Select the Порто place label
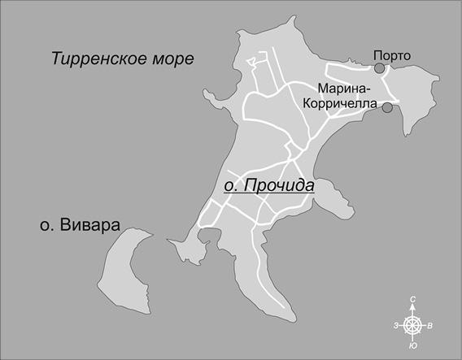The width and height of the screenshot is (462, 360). coord(392,55)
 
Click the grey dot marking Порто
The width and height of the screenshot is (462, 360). coord(379,69)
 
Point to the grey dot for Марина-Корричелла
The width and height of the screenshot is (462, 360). coord(387,107)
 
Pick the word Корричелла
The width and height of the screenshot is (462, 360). coord(341,103)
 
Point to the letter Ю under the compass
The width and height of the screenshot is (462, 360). coord(414,346)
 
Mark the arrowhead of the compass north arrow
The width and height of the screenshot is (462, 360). coord(414,310)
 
